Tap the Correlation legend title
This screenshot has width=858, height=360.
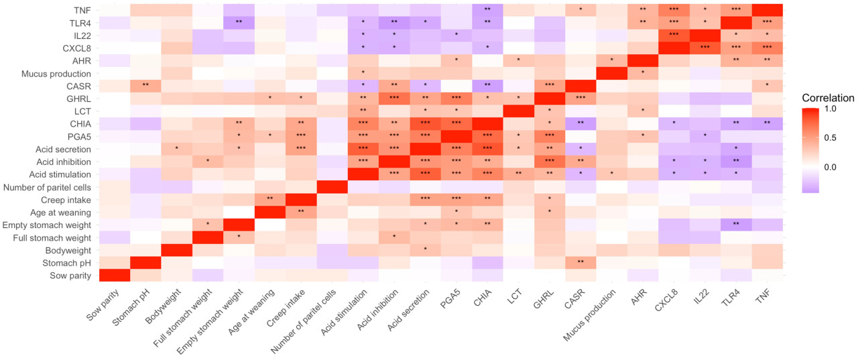pyautogui.click(x=830, y=98)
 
